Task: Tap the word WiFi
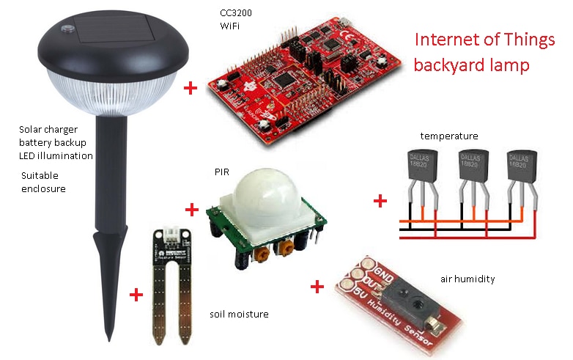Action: pyautogui.click(x=230, y=26)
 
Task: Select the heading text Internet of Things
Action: pyautogui.click(x=484, y=40)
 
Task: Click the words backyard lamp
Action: pyautogui.click(x=471, y=65)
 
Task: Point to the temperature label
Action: pyautogui.click(x=449, y=136)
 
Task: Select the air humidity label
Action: pyautogui.click(x=467, y=279)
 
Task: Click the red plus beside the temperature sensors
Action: pyautogui.click(x=380, y=200)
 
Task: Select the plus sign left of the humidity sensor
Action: pyautogui.click(x=317, y=286)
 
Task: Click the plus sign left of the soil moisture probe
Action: pyautogui.click(x=136, y=295)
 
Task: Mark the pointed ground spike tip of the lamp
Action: pyautogui.click(x=109, y=338)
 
